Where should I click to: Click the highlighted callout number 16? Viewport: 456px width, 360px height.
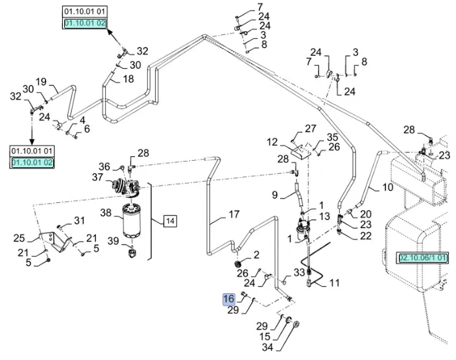(228, 299)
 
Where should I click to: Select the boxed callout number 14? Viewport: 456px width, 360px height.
(169, 221)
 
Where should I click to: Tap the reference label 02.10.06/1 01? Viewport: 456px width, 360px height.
(424, 258)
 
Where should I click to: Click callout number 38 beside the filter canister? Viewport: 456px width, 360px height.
(106, 212)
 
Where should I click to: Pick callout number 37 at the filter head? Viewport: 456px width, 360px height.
(97, 178)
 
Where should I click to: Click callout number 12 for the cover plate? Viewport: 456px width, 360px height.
(271, 141)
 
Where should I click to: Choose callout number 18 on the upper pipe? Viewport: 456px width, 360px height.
(128, 78)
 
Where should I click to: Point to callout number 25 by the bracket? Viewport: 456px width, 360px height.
(19, 238)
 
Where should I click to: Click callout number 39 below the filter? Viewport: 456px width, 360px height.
(113, 241)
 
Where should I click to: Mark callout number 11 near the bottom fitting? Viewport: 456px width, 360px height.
(335, 283)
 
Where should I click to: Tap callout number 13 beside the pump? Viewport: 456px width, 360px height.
(325, 216)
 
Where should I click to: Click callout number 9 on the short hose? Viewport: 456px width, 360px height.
(275, 195)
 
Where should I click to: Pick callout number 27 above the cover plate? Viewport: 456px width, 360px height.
(311, 128)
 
